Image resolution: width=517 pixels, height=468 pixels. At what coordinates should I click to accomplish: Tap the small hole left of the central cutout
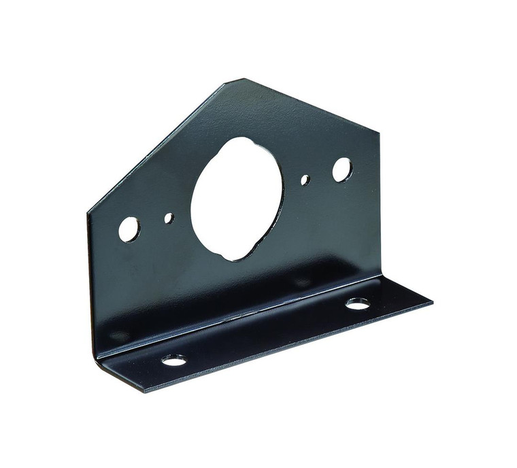[169, 218]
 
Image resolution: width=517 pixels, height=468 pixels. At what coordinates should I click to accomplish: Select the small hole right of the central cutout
[305, 180]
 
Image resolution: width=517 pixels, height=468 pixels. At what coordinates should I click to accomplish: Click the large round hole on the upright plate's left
[129, 229]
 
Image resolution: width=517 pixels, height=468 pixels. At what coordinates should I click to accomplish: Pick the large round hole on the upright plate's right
[341, 169]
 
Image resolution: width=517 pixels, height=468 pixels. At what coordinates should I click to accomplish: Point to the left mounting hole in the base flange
[174, 359]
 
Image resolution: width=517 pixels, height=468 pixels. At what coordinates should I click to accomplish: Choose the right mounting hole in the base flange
[358, 303]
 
